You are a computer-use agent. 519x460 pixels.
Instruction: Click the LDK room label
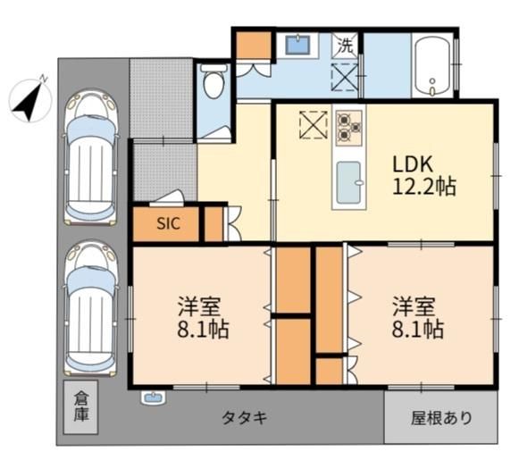tap(413, 163)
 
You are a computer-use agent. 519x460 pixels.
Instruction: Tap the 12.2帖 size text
tap(424, 187)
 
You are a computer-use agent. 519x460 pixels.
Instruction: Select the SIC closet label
tap(169, 223)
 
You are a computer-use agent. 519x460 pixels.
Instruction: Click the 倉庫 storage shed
tap(80, 407)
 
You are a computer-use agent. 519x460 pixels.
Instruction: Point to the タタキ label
tap(244, 418)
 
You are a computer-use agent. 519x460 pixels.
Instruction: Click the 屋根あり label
tap(441, 418)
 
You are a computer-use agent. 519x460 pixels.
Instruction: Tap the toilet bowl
tap(213, 81)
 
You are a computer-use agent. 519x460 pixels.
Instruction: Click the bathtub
tap(432, 66)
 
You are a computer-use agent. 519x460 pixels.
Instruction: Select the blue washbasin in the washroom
tap(297, 45)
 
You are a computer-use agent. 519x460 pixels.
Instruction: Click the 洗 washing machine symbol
tap(345, 46)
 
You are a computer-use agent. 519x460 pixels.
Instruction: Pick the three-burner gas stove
tap(349, 128)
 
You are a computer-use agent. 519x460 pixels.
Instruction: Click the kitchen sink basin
tap(348, 183)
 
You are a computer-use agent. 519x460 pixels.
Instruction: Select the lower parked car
tap(91, 308)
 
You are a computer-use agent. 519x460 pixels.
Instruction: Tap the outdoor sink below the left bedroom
tap(154, 397)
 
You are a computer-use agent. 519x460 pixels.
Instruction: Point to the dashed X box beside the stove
tap(314, 124)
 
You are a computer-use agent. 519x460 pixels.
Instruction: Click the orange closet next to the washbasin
tap(254, 46)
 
